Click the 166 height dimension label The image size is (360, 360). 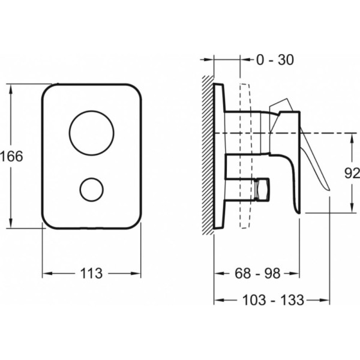tap(11, 157)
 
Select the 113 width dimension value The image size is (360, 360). tap(91, 274)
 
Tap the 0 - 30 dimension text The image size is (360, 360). tap(275, 60)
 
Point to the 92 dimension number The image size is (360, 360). tap(352, 173)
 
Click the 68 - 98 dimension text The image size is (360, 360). tap(257, 274)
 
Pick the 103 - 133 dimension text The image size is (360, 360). tap(273, 300)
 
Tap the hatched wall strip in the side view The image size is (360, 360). tap(208, 155)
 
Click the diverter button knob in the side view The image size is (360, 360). tap(262, 190)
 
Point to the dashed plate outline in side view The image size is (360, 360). tap(245, 155)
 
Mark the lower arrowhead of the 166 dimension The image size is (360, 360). tap(11, 223)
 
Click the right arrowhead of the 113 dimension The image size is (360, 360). tap(135, 274)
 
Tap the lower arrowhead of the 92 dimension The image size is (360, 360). tap(352, 207)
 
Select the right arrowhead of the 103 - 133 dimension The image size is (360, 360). tap(324, 300)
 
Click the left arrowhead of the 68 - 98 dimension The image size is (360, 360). tap(220, 274)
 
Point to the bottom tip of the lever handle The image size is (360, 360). tap(329, 190)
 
